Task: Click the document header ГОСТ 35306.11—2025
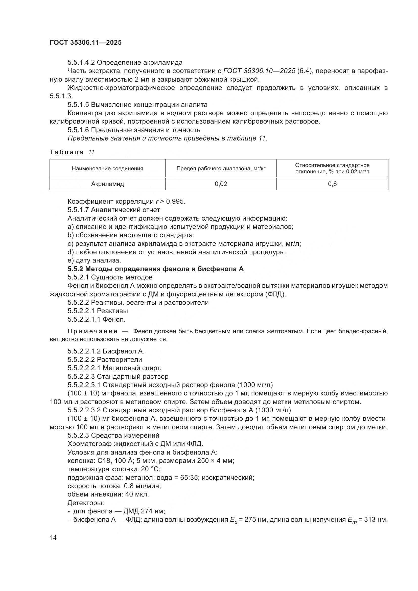(85, 43)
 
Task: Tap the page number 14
(53, 538)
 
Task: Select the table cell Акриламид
(107, 184)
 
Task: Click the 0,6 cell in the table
(332, 184)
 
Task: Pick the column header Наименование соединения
(107, 169)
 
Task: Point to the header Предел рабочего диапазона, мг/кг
(221, 169)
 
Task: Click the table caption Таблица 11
(72, 152)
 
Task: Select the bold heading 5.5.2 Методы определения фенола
(155, 269)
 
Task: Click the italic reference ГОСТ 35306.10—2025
(260, 71)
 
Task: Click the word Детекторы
(86, 503)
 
